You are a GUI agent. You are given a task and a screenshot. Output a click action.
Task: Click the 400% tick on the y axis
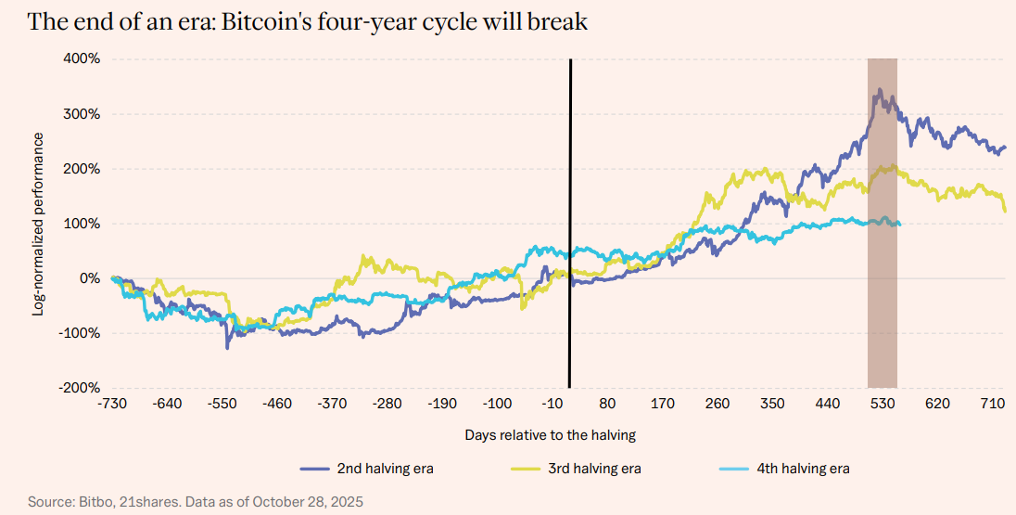83,59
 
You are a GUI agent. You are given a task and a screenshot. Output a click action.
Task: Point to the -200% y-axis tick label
81,388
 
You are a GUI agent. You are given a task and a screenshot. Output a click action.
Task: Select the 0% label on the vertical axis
90,278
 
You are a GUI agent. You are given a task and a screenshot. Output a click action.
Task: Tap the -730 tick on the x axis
111,405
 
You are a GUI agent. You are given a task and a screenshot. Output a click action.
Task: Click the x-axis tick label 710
994,405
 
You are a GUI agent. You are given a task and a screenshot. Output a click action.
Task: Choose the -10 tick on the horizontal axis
553,405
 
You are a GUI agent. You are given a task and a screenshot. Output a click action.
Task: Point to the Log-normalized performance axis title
38,224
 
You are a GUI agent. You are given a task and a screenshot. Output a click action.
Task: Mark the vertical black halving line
569,223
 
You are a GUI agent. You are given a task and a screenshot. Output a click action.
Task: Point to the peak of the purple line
878,90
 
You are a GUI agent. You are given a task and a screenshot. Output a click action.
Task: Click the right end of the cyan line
899,224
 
